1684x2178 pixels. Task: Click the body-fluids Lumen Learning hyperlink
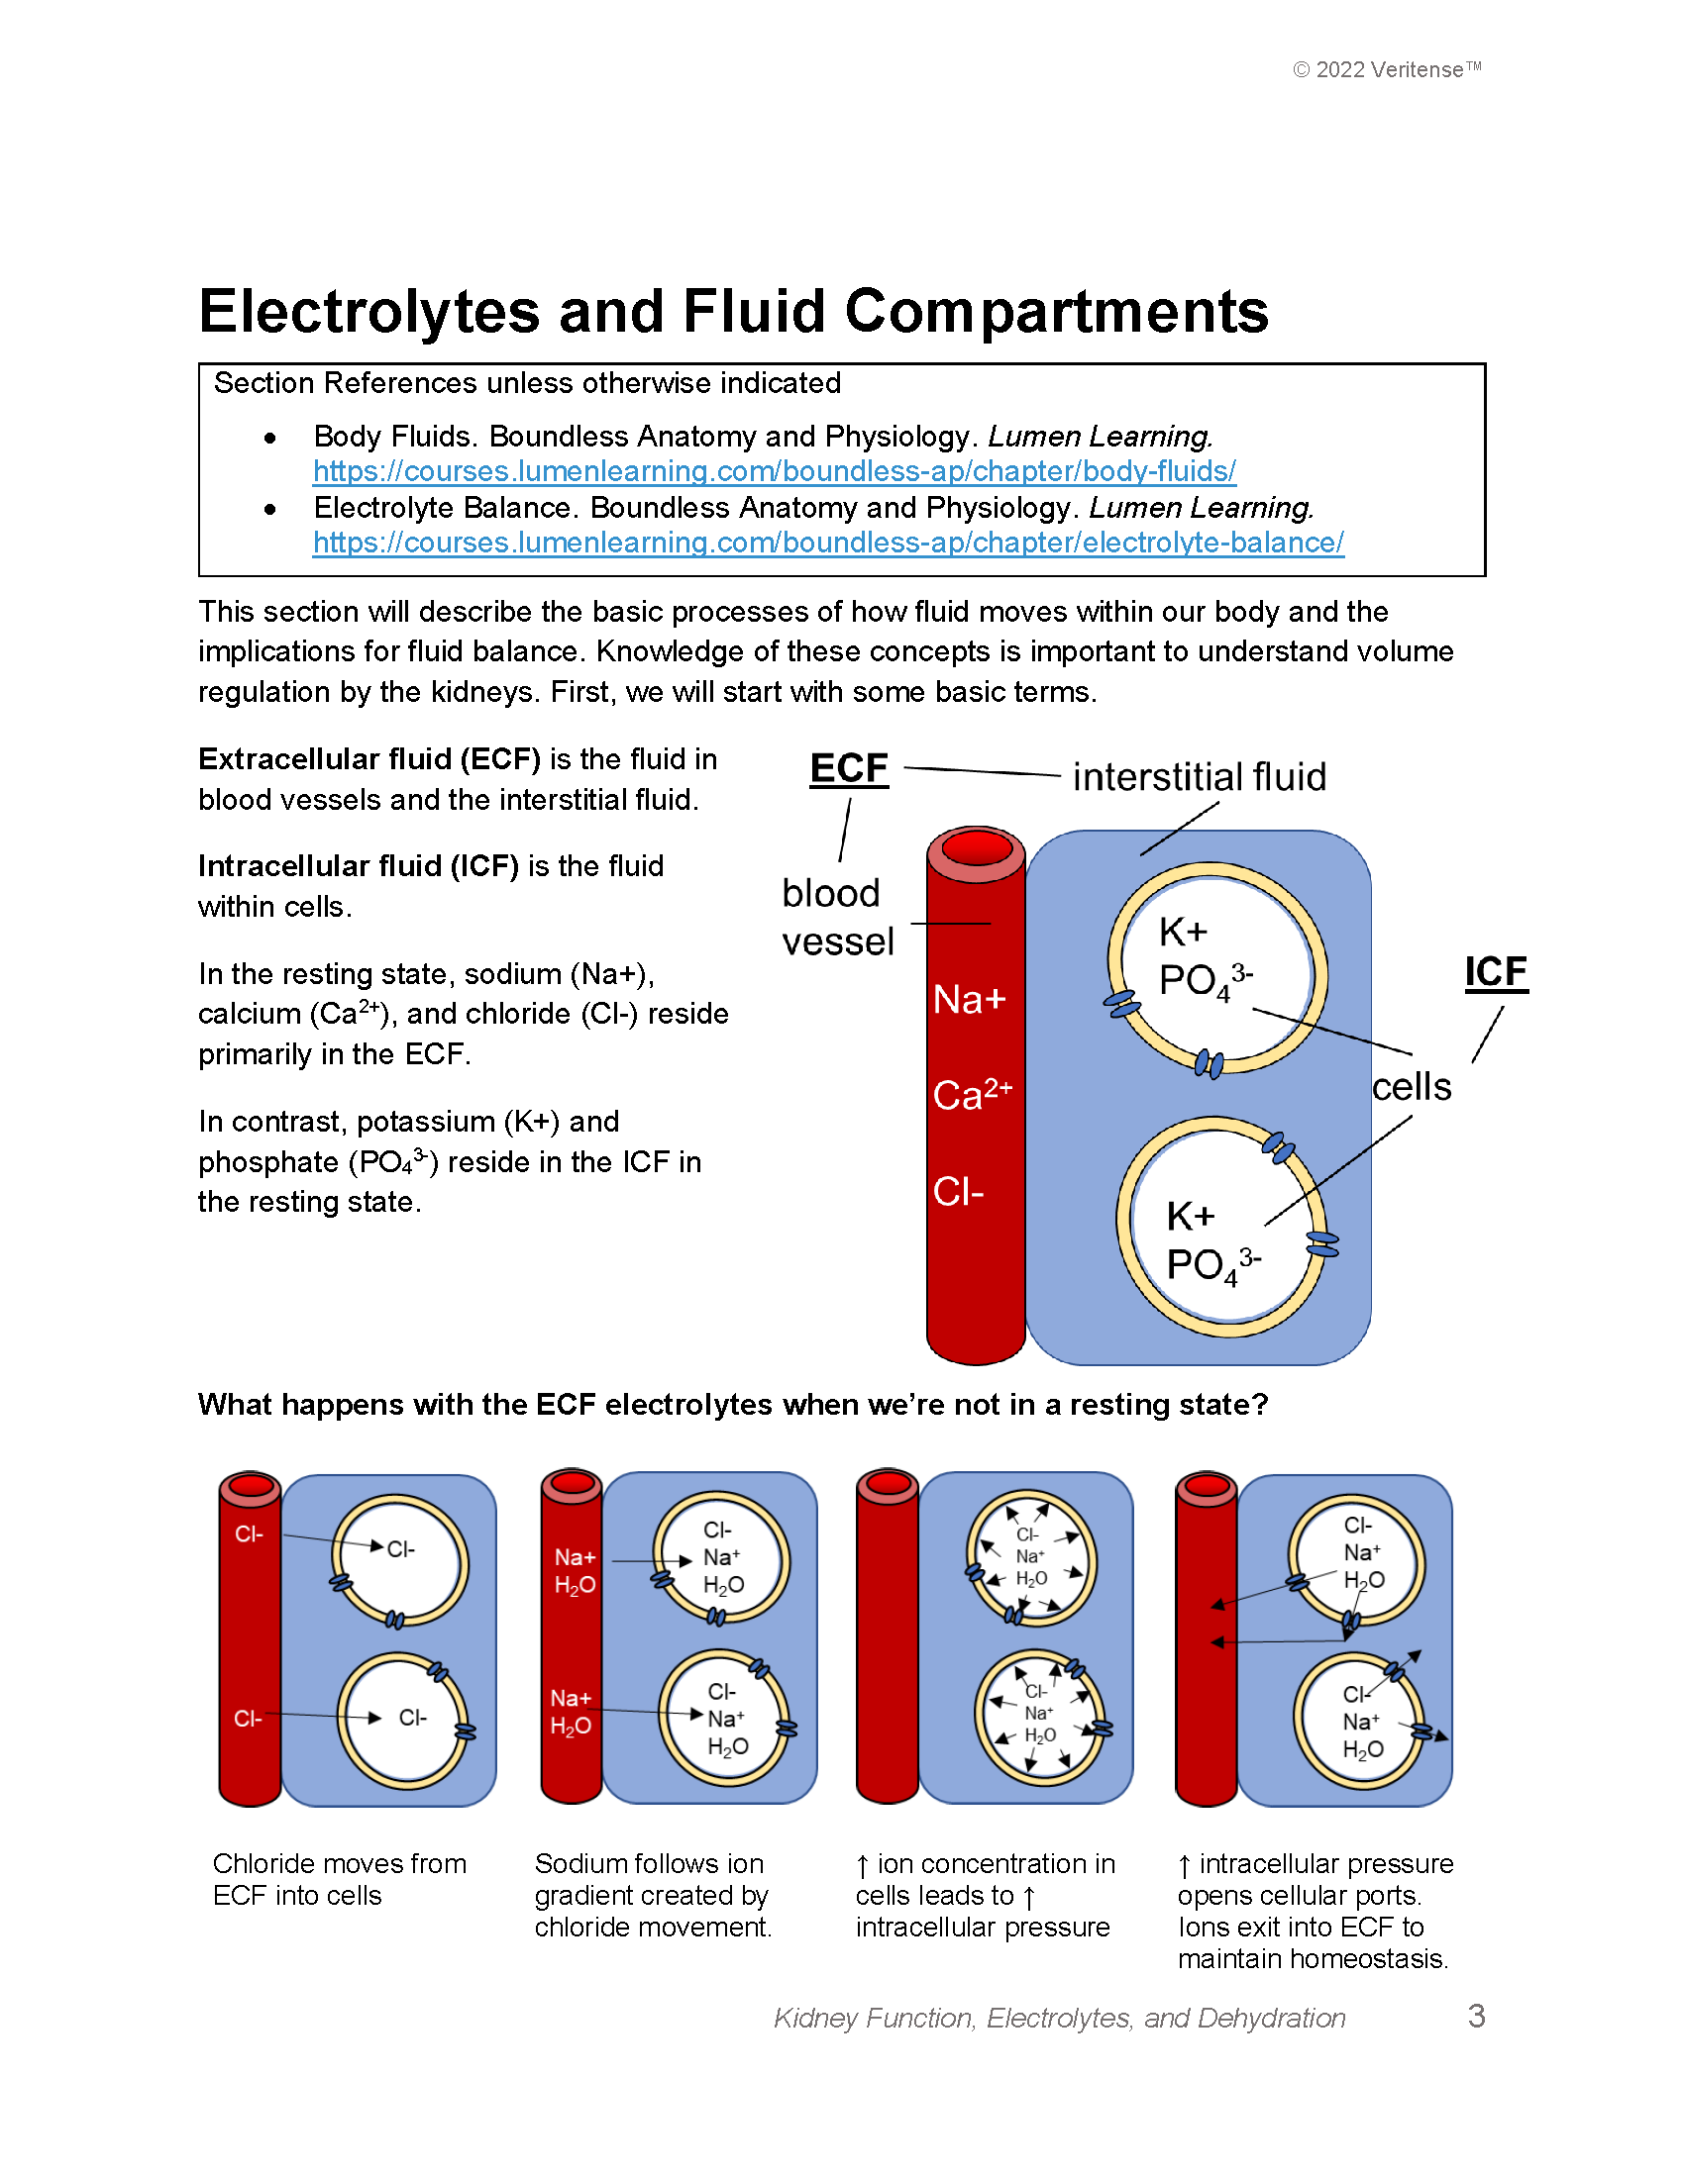click(x=775, y=470)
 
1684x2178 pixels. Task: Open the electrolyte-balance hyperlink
click(x=828, y=543)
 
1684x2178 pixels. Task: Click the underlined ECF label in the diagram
click(x=848, y=769)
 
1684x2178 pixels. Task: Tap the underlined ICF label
click(x=1496, y=972)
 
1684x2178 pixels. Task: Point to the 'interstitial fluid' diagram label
click(x=1200, y=777)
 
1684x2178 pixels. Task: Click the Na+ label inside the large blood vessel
click(x=970, y=999)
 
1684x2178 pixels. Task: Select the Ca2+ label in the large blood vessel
click(x=972, y=1095)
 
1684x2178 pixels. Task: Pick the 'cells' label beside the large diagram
click(x=1412, y=1087)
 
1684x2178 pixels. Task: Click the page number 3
click(x=1477, y=2017)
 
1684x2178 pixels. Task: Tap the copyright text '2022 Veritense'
click(x=1388, y=70)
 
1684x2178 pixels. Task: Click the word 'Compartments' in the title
click(x=1057, y=312)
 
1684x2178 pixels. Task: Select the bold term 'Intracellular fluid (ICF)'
click(x=359, y=865)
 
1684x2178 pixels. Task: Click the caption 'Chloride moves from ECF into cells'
click(x=339, y=1879)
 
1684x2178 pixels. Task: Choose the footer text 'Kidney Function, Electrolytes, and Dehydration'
click(x=1060, y=2019)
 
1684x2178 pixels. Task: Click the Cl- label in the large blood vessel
click(x=958, y=1192)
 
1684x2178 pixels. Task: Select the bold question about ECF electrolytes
click(x=732, y=1404)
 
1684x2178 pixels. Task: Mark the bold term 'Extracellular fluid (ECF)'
click(x=369, y=759)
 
